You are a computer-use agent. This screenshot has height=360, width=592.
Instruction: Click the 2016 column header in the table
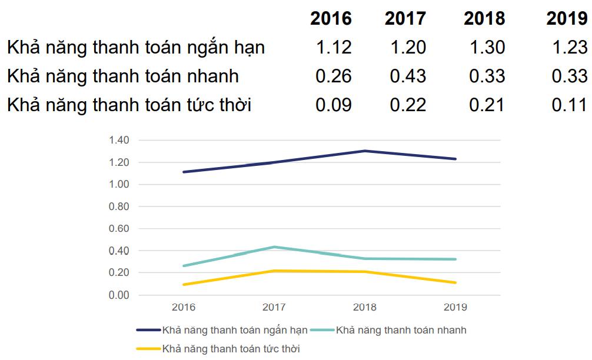(x=331, y=18)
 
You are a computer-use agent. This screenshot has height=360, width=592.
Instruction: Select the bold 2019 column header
(x=567, y=18)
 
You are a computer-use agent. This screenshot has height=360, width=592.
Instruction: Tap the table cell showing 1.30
(x=488, y=47)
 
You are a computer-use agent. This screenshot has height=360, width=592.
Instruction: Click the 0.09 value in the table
(x=334, y=105)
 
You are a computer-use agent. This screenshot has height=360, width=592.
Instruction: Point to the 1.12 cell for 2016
(x=334, y=47)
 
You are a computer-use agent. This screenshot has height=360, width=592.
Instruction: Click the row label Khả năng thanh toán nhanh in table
(x=123, y=76)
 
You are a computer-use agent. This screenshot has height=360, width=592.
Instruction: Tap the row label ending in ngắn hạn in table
(x=136, y=47)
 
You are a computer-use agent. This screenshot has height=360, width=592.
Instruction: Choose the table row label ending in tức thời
(x=129, y=105)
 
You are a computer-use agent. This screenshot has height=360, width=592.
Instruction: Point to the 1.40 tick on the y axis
(x=119, y=140)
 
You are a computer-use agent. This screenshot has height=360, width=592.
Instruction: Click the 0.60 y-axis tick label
(x=119, y=228)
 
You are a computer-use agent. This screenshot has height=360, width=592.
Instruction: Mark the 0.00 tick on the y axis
(x=119, y=295)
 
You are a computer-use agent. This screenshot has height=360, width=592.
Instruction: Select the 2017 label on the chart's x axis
(x=274, y=307)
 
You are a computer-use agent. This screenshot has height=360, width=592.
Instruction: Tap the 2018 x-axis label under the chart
(x=365, y=307)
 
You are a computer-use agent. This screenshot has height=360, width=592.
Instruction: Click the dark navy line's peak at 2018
(x=365, y=151)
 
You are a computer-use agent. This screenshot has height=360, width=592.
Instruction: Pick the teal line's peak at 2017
(x=274, y=247)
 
